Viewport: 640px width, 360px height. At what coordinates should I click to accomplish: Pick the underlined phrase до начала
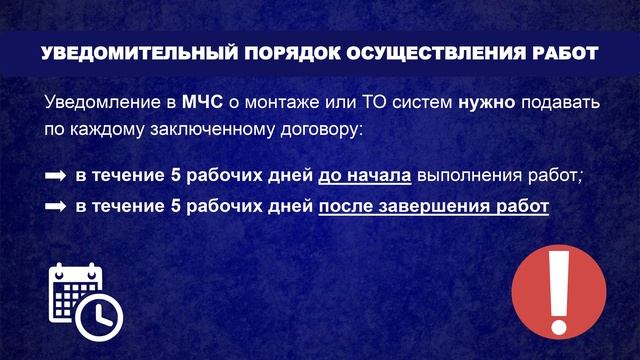tap(364, 177)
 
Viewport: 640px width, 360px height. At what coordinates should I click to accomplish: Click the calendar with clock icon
tap(84, 297)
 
